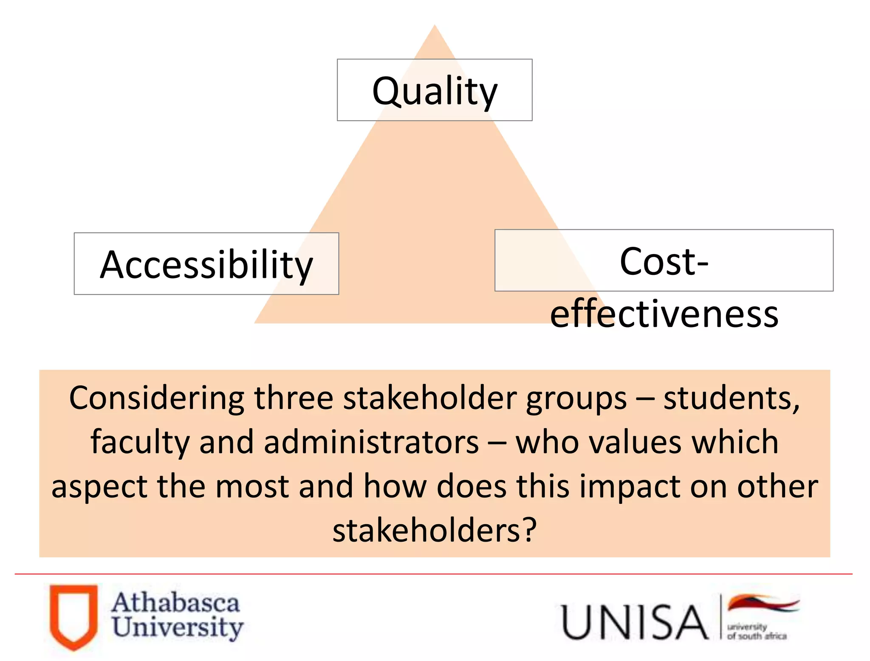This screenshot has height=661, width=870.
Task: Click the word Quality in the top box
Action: [x=435, y=91]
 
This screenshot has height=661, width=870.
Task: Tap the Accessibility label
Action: [x=206, y=265]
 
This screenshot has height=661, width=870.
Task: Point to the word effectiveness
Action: [x=664, y=314]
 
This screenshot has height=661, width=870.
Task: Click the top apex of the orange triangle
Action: [x=435, y=27]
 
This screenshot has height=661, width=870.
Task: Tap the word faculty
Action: [x=140, y=442]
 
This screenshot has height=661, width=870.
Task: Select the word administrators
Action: [x=371, y=442]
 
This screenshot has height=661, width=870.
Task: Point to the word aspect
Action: [x=99, y=487]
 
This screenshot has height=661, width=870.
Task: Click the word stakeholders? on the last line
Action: [x=435, y=531]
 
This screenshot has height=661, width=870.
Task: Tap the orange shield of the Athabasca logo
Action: [x=73, y=616]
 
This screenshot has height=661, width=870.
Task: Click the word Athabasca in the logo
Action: [x=176, y=603]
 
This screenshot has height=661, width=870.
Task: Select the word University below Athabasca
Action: [x=178, y=627]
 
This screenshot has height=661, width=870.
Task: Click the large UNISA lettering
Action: [x=634, y=622]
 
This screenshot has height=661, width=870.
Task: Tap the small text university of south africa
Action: [x=756, y=632]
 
